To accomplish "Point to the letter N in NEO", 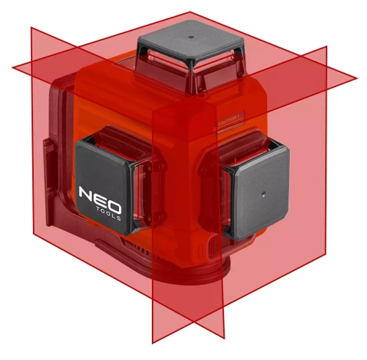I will click(86, 195).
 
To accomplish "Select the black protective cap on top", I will click(189, 40).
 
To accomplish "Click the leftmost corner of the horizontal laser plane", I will click(13, 68).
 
